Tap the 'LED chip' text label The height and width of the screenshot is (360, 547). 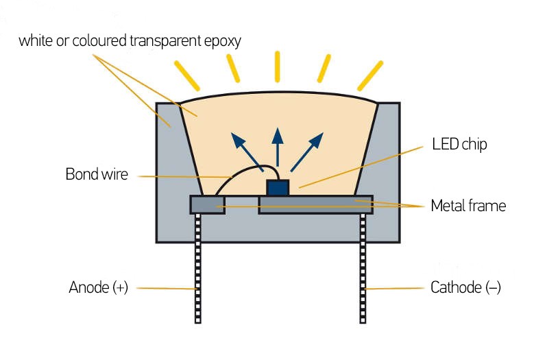click(459, 145)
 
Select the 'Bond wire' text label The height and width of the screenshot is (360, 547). click(97, 173)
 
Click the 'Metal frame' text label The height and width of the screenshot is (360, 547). click(468, 205)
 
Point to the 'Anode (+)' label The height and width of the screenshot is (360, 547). click(99, 287)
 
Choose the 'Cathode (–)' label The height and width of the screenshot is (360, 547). click(465, 287)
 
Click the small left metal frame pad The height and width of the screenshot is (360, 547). click(207, 204)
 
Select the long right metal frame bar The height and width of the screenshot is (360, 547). click(315, 204)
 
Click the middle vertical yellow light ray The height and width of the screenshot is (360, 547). click(278, 66)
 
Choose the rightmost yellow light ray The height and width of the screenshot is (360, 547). click(370, 75)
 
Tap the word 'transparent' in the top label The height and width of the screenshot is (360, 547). click(162, 40)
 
